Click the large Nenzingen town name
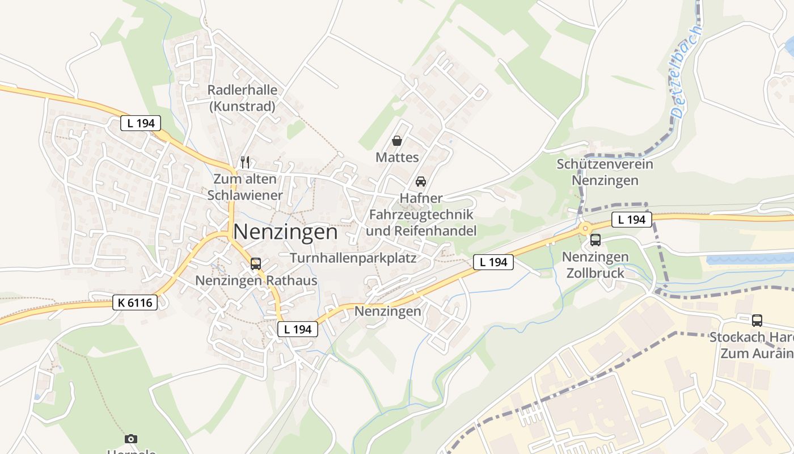285,232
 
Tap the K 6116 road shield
135,302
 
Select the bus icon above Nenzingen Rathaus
256,264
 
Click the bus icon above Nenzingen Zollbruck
595,240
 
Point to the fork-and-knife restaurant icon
245,162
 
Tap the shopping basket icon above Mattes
397,141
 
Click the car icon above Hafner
421,182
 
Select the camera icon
131,439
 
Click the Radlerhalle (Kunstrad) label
242,98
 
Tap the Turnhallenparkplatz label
353,258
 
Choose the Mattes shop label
397,157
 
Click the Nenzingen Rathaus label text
256,280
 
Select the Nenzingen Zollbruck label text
595,264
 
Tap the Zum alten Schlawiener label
245,187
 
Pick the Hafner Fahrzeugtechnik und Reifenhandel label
421,215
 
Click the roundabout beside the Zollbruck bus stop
585,228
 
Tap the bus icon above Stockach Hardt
757,321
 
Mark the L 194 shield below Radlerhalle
141,123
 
